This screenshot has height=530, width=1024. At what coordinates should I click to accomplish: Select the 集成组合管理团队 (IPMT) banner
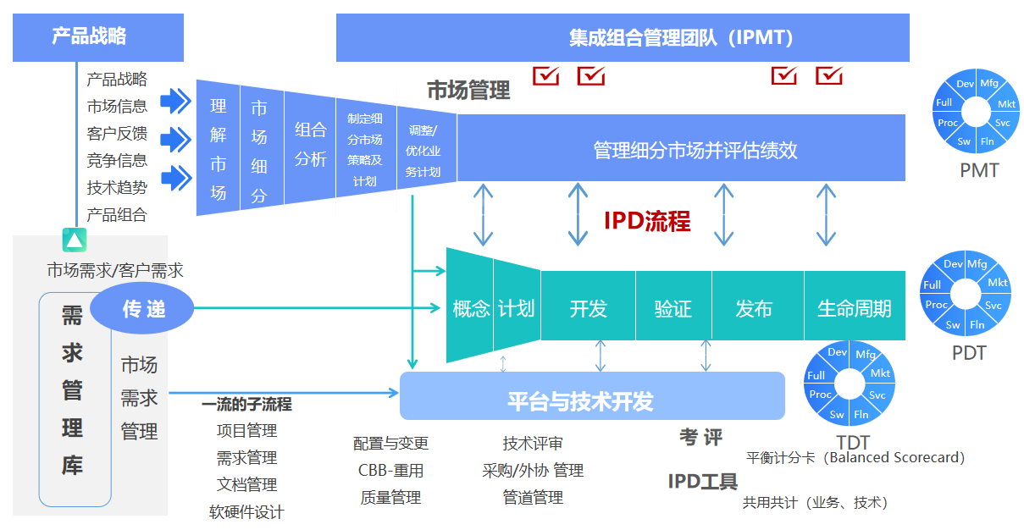point(623,38)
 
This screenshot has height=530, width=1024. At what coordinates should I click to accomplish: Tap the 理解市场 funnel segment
point(218,149)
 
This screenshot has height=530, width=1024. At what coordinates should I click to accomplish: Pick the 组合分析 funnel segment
point(310,144)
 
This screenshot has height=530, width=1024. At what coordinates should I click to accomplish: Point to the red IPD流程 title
point(647,221)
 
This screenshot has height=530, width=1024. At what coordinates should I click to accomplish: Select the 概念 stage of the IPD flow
point(471,309)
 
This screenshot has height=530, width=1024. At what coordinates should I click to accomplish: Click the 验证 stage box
point(673,308)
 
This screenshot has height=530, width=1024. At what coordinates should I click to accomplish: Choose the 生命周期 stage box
point(854,308)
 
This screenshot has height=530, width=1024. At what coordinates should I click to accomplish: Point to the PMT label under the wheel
point(979,170)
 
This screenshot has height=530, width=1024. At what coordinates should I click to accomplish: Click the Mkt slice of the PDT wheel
point(998,283)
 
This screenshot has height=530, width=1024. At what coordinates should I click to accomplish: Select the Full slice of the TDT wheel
point(816,375)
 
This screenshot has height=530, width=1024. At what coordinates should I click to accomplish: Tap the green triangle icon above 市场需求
point(75,240)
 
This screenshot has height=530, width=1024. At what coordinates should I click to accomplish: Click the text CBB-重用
point(390,470)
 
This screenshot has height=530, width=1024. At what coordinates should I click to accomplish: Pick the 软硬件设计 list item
point(246,512)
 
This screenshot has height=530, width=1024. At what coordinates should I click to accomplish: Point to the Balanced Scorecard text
point(855,457)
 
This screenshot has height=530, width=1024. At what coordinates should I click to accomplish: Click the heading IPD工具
point(702,482)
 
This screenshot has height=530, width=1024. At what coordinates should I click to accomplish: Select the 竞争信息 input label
point(117,161)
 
